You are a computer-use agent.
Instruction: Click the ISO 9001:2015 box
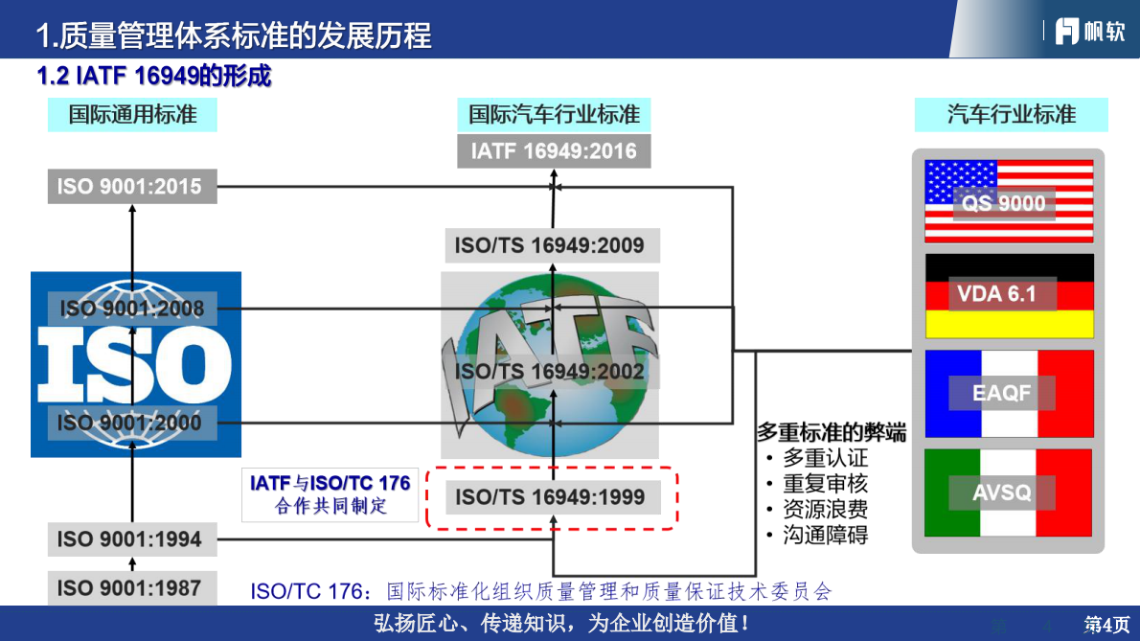132,186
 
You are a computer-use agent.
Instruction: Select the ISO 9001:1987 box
132,587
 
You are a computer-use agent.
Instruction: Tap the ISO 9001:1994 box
132,538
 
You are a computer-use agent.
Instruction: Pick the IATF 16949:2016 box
554,151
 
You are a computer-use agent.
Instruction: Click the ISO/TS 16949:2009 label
550,245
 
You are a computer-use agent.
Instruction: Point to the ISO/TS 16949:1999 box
550,497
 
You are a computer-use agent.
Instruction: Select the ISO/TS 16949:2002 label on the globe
550,371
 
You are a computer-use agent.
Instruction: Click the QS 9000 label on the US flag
1004,203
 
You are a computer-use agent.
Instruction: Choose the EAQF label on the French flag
1001,393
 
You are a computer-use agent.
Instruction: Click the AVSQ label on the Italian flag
1001,492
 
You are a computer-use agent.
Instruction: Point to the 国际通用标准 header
132,115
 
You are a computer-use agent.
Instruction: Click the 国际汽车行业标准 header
554,115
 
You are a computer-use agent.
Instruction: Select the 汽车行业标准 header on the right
1012,115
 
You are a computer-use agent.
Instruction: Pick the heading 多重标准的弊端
832,432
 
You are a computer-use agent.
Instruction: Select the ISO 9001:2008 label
132,309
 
